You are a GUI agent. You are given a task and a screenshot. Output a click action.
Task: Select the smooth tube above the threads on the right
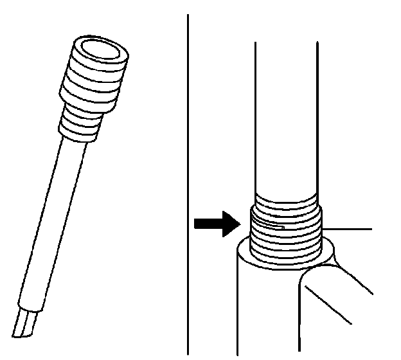[x=285, y=116]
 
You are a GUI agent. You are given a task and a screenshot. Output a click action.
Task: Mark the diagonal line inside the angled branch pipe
[x=338, y=316]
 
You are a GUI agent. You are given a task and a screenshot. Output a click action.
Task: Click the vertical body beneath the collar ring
[x=263, y=309]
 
